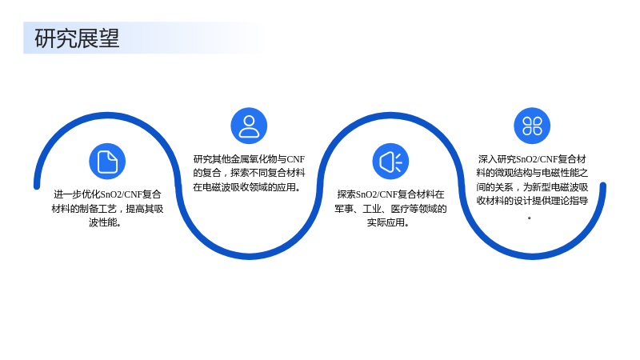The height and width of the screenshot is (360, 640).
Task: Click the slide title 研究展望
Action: (77, 38)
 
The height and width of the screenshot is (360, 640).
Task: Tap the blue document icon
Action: (107, 162)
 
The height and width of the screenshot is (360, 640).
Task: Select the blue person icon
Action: (249, 126)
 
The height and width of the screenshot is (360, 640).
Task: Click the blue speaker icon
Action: (390, 162)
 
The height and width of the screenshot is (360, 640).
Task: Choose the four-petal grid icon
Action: (532, 126)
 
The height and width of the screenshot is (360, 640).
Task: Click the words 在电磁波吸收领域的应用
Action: (246, 187)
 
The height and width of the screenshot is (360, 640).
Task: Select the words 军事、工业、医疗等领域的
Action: (390, 209)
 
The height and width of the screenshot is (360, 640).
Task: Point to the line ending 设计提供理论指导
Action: (532, 201)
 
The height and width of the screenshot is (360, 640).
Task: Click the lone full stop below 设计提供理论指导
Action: (530, 218)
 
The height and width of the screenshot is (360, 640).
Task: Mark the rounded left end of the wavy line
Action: (37, 186)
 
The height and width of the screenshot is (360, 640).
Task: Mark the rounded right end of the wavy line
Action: (603, 186)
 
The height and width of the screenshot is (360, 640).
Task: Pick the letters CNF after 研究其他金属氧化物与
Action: (296, 159)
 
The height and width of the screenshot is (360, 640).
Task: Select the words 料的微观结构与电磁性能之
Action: (532, 173)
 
